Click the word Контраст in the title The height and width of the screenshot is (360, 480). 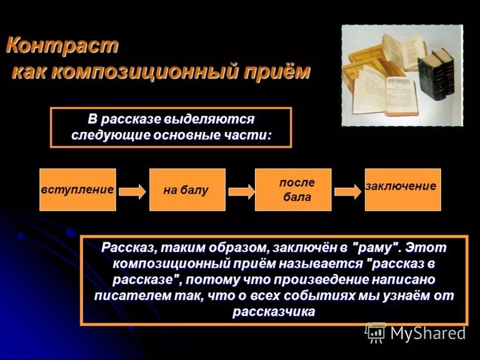point(62,46)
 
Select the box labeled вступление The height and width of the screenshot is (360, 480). point(77,190)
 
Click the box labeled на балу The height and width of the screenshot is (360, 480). point(187,190)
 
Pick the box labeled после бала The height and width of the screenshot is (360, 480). point(293,190)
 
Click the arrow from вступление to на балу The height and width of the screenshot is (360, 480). point(132,191)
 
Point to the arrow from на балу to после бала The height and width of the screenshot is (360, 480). point(241,191)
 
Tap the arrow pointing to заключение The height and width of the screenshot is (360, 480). point(348,191)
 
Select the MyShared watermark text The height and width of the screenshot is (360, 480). point(428,333)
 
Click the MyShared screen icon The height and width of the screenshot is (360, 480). point(376,332)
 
